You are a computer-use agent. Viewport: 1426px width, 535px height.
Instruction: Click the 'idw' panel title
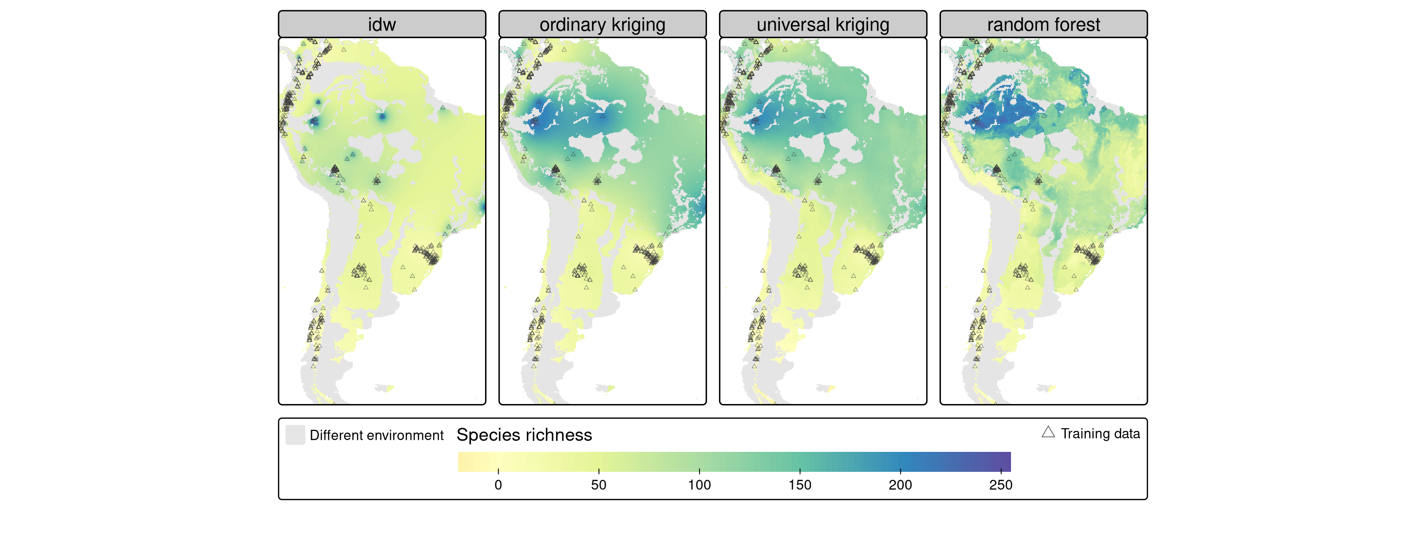[382, 24]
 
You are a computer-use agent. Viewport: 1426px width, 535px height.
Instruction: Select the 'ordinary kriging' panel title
[602, 24]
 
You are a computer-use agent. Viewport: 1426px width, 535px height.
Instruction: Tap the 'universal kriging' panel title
[823, 24]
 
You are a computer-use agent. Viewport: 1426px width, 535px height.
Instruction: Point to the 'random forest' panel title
[1043, 24]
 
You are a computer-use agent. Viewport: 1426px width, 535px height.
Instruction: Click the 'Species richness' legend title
[524, 435]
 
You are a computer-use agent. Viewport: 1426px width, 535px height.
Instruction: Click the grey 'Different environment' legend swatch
[295, 435]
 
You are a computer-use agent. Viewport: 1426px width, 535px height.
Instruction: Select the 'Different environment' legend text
[376, 435]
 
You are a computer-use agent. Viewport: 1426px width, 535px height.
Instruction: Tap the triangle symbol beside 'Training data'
[1048, 432]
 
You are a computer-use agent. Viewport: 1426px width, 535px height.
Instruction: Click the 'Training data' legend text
[1100, 434]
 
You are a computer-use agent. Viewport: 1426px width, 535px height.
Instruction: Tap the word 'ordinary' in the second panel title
[572, 24]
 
